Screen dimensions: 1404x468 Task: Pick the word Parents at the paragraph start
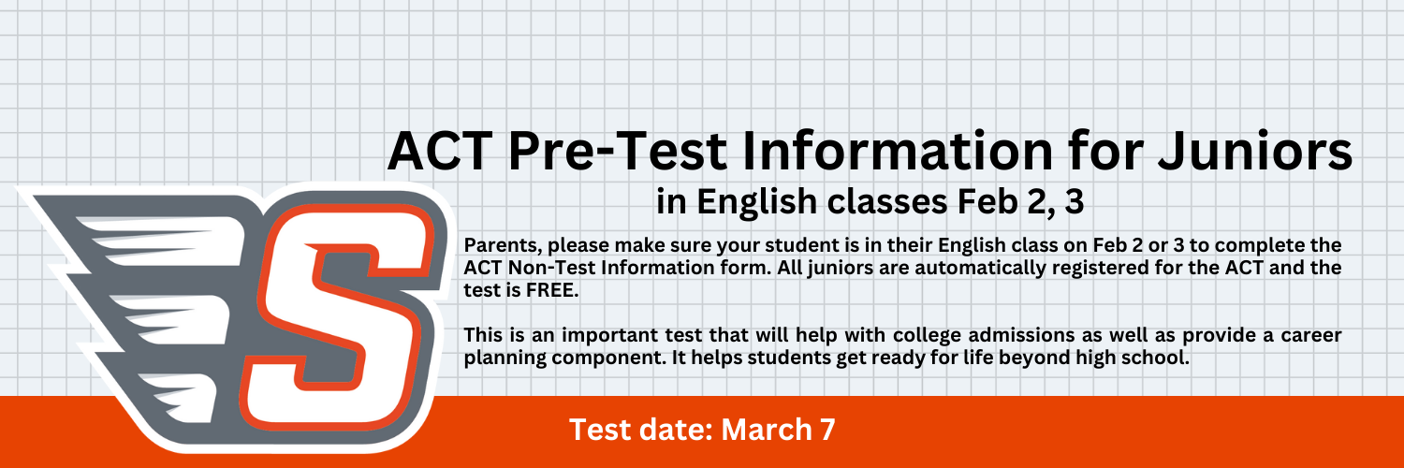tap(504, 245)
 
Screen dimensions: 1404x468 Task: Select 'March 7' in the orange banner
tap(778, 430)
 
